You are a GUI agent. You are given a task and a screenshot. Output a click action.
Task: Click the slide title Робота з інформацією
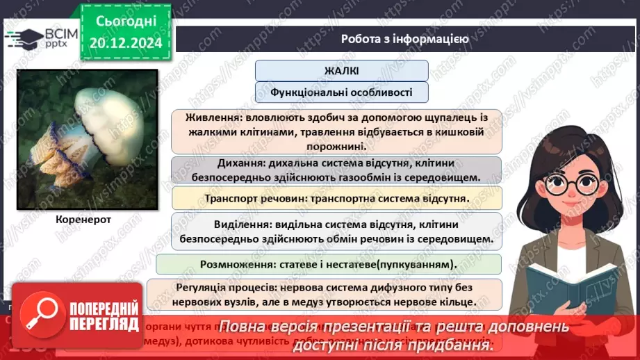tap(404, 39)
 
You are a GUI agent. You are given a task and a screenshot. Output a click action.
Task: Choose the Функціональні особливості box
tap(341, 92)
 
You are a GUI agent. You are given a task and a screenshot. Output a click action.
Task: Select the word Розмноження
tap(232, 264)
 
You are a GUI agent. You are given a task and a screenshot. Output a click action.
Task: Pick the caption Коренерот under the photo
tap(83, 219)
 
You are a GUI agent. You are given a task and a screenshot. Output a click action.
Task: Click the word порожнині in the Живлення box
tap(338, 147)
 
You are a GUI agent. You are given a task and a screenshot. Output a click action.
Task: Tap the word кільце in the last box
tap(455, 302)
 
